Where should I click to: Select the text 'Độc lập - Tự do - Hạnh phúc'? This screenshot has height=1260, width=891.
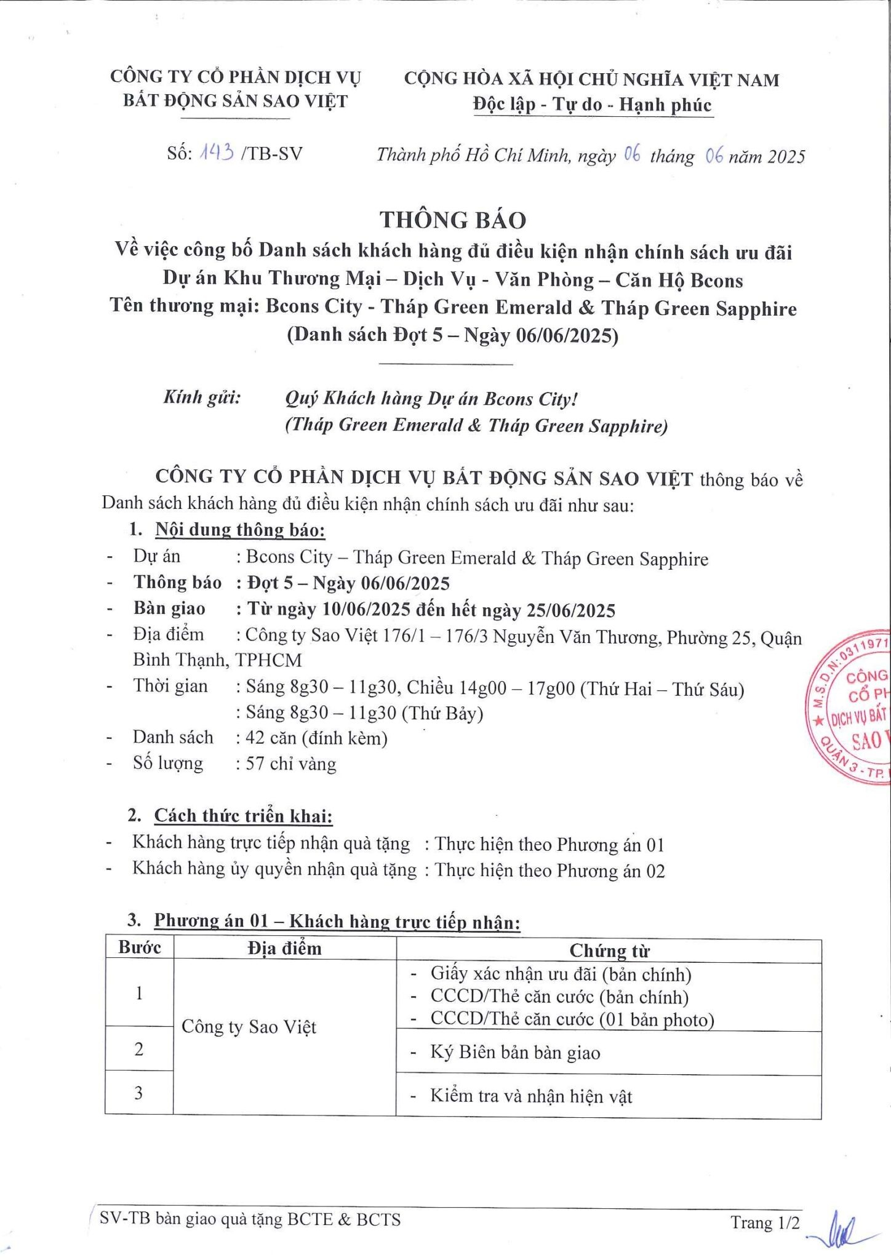click(592, 105)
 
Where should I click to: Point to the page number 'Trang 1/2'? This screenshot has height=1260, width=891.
click(765, 1222)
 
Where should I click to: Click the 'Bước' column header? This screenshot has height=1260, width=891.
click(140, 947)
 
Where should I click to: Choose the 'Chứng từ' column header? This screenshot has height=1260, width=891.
click(609, 951)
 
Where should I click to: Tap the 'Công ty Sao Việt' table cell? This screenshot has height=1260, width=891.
click(249, 1027)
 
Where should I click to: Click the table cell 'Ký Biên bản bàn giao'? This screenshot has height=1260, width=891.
click(515, 1053)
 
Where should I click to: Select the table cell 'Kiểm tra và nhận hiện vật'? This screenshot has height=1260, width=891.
click(531, 1096)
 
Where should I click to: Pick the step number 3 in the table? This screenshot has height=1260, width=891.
click(139, 1093)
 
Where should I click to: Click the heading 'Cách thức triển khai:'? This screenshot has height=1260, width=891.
click(243, 816)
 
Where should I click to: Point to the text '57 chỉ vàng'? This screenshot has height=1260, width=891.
click(291, 764)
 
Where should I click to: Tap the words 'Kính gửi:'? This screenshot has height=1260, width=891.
click(202, 397)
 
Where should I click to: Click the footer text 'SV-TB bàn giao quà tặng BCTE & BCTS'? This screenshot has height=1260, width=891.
click(250, 1219)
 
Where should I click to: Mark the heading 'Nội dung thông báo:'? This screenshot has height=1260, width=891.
click(240, 530)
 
